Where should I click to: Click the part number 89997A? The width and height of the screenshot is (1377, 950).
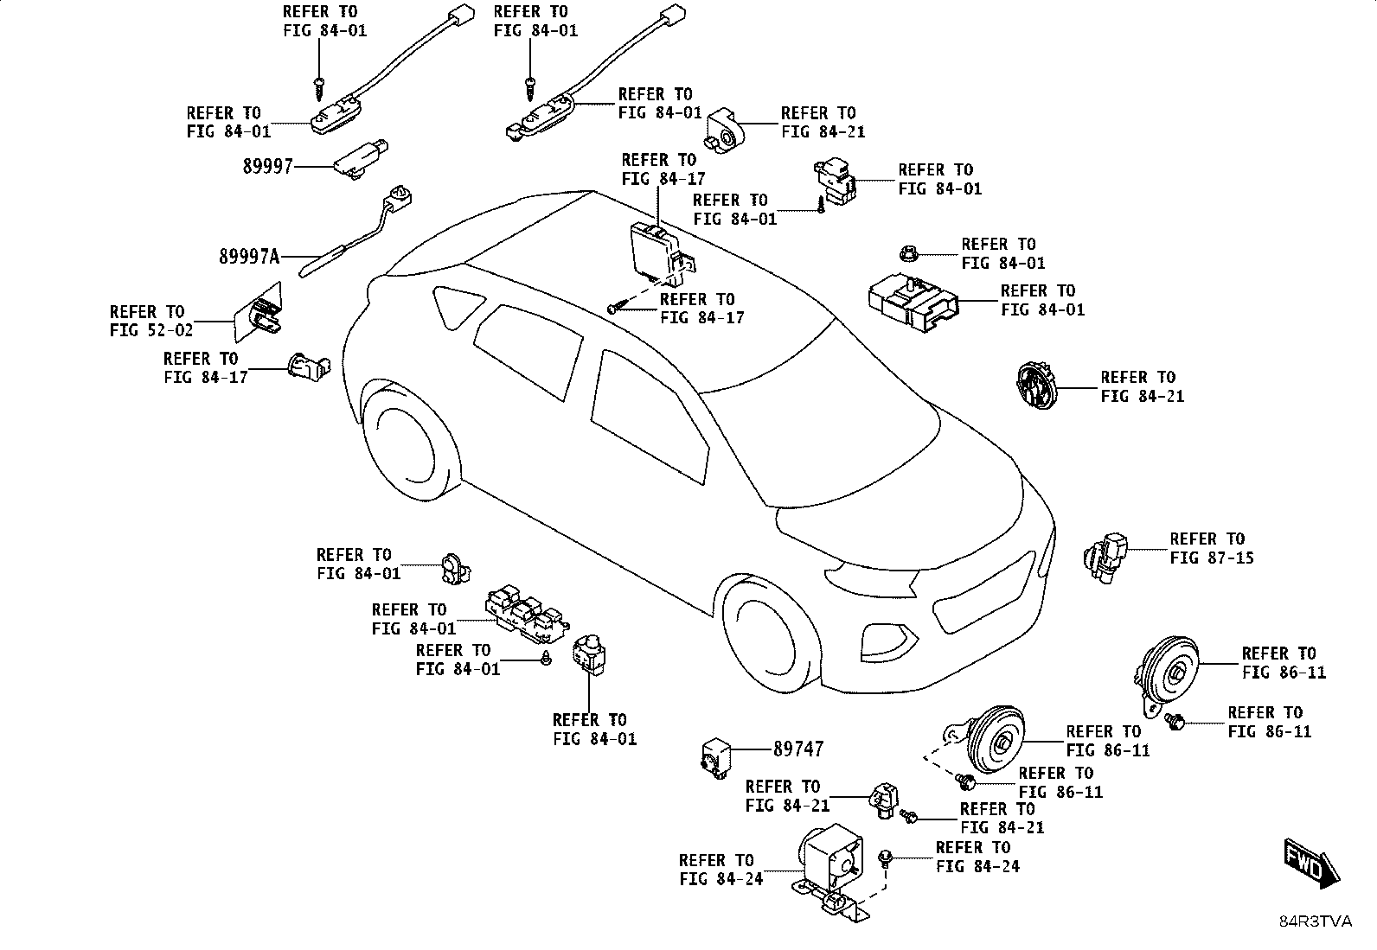click(249, 256)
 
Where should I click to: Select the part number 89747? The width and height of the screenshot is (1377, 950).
click(798, 749)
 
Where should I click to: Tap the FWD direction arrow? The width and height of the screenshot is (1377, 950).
click(1311, 863)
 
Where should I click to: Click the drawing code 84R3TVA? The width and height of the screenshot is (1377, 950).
click(1316, 921)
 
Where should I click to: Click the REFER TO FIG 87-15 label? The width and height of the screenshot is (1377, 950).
click(1211, 548)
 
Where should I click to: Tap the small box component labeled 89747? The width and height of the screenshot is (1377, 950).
click(715, 758)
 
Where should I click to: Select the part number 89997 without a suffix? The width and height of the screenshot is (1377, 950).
click(267, 167)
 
